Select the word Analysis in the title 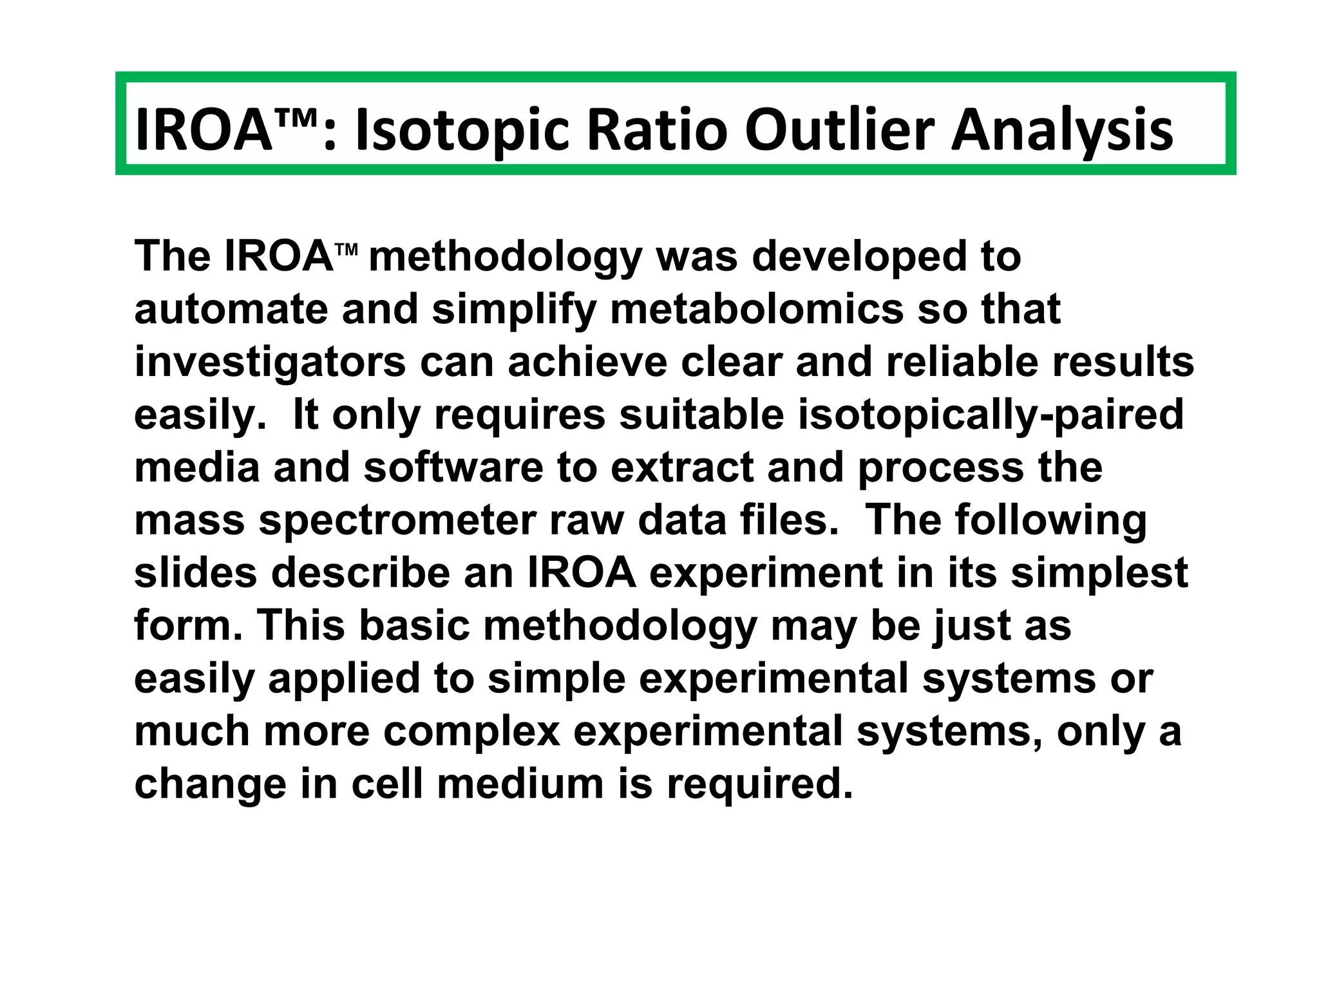(x=1062, y=131)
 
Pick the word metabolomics (x=757, y=309)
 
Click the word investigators (x=270, y=362)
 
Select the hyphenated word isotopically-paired (x=991, y=415)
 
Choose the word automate (x=231, y=309)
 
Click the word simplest (x=1099, y=573)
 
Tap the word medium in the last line (x=520, y=784)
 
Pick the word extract (x=681, y=467)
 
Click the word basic (x=413, y=626)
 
